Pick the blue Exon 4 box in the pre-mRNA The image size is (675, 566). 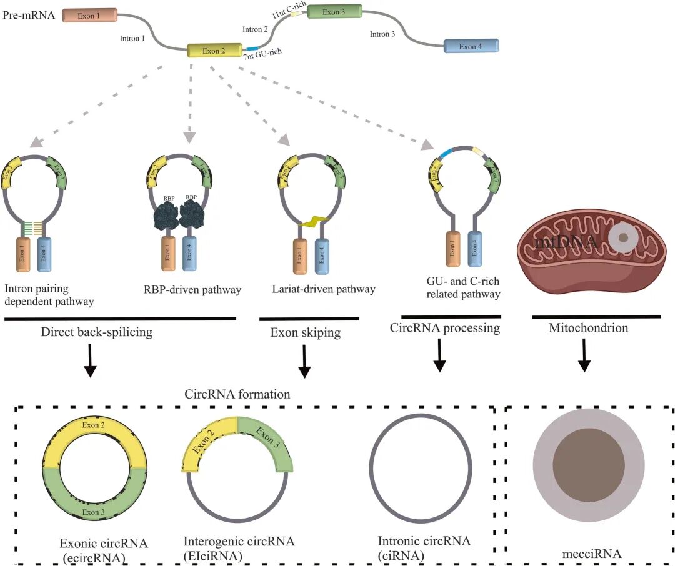[x=471, y=46]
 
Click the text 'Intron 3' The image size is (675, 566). [x=382, y=34]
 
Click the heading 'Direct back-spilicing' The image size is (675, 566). [x=97, y=332]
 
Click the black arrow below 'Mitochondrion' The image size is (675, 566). [x=584, y=359]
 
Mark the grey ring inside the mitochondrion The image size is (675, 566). [x=622, y=237]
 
